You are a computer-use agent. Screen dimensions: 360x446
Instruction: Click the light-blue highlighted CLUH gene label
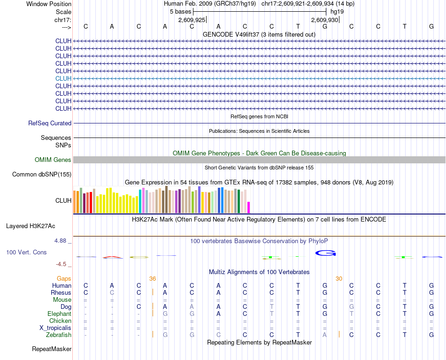click(63, 78)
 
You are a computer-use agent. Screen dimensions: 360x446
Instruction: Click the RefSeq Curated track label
click(50, 123)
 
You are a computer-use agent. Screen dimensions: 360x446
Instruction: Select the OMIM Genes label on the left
click(53, 160)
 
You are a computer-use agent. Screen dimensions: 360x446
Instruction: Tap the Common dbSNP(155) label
click(41, 175)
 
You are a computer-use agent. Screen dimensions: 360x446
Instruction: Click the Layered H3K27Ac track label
click(31, 226)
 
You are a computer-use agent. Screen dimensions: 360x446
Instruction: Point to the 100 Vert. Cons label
click(26, 253)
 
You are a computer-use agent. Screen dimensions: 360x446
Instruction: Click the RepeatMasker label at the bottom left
click(52, 349)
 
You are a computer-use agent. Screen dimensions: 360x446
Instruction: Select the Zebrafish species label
click(59, 335)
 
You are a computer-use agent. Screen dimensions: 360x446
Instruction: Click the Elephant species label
click(59, 314)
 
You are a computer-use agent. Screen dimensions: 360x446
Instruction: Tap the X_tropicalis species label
click(55, 328)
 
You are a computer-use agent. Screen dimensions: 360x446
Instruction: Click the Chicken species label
click(60, 321)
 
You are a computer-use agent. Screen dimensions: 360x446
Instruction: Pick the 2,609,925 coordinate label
click(192, 20)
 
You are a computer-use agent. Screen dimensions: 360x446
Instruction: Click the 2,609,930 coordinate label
click(324, 20)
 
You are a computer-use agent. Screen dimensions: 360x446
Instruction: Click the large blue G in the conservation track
click(325, 253)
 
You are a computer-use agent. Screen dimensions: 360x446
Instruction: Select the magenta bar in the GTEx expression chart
click(249, 207)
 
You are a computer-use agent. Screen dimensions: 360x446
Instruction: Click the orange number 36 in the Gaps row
click(153, 278)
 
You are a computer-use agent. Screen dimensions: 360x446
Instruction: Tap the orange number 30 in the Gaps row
click(339, 278)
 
